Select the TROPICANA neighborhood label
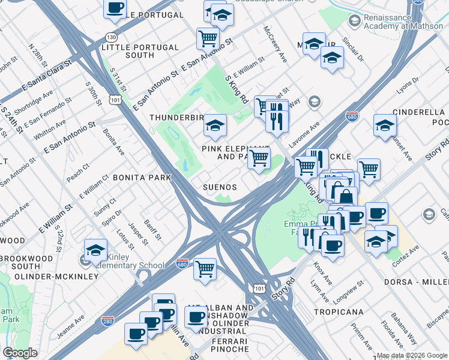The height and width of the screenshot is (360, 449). point(339,312)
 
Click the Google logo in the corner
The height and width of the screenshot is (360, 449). point(20,353)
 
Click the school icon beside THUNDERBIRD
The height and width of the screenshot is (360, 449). point(214,125)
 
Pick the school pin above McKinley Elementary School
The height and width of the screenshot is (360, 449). point(95,249)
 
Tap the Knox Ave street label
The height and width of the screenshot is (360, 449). point(322,272)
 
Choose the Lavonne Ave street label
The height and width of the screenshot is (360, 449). point(306,135)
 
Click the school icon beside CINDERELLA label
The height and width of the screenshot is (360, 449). point(385,125)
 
